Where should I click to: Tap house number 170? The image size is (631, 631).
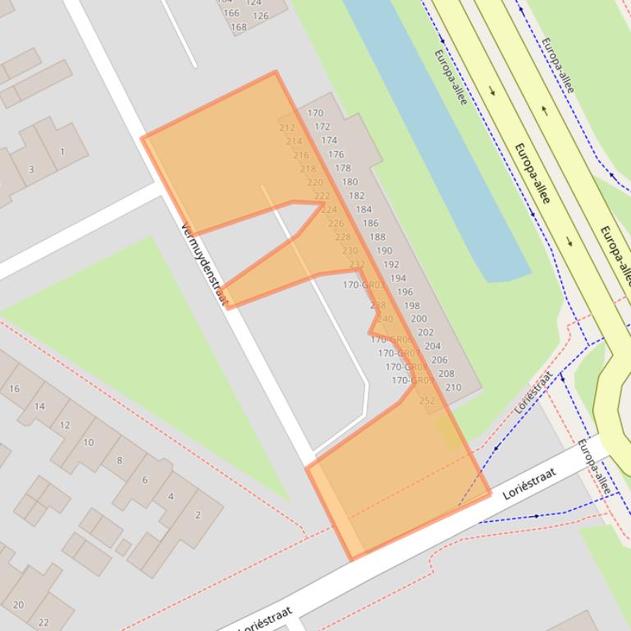tap(315, 114)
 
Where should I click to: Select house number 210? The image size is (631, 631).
tap(453, 388)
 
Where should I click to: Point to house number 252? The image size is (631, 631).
tap(427, 401)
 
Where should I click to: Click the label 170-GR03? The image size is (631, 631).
tap(363, 285)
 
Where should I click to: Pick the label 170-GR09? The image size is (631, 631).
tap(412, 380)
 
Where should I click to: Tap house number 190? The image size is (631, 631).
tap(384, 251)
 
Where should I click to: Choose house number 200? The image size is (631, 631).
tap(418, 319)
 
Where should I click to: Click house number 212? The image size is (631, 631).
tap(287, 128)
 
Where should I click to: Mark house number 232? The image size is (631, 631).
tap(356, 264)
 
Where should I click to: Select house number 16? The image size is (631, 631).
tap(14, 388)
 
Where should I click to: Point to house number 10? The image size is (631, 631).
tap(88, 443)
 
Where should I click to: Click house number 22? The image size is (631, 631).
tap(43, 622)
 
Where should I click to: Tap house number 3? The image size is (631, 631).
tap(31, 170)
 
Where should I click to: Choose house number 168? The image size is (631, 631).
tap(238, 27)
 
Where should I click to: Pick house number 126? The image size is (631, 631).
tap(260, 16)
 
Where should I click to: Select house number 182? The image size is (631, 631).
tap(356, 196)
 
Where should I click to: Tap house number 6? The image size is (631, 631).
tap(145, 479)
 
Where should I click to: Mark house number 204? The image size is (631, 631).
tap(432, 346)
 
